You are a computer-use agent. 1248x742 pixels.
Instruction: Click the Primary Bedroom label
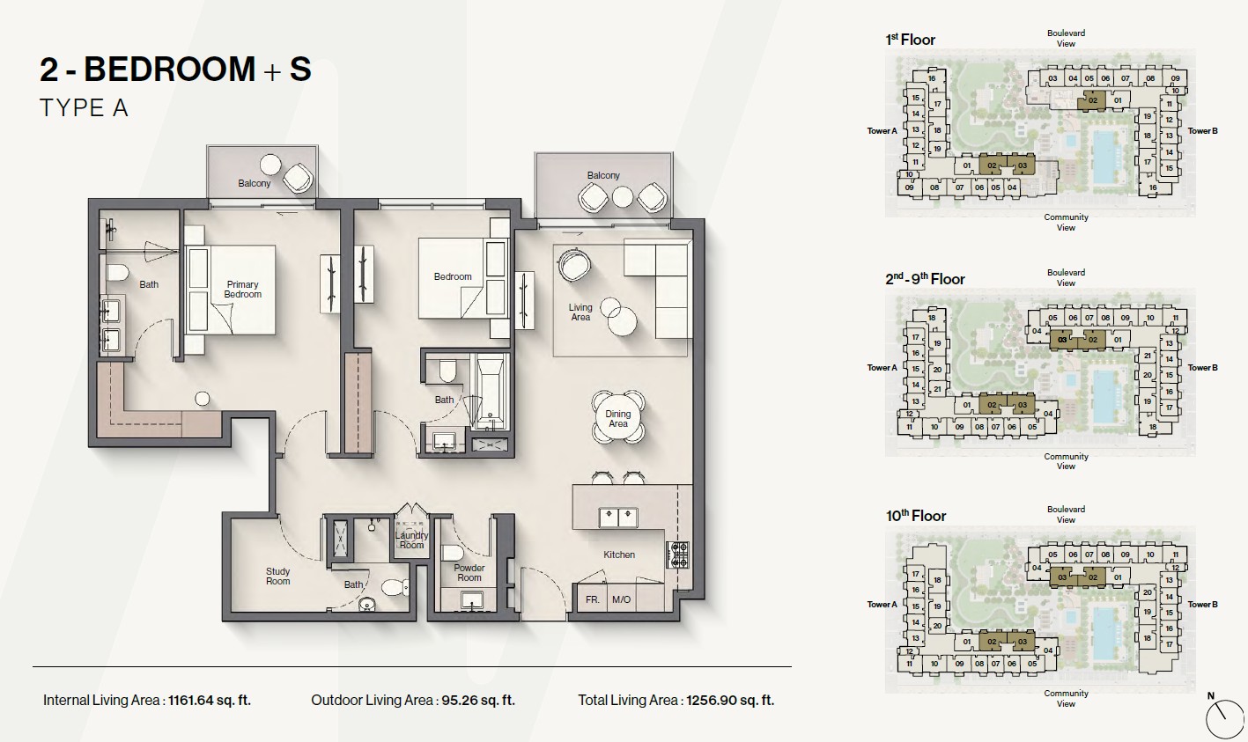pos(242,290)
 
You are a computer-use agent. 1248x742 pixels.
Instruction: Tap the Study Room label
pos(278,577)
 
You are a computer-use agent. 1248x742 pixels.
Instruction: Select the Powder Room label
pos(469,573)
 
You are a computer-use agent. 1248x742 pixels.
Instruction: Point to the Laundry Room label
pos(411,540)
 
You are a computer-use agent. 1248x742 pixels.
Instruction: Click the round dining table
pos(618,417)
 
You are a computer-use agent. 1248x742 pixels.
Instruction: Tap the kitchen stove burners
pos(678,555)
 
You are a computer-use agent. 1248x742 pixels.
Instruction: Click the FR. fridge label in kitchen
pos(592,599)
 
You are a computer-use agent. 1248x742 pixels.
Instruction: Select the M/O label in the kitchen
pos(621,599)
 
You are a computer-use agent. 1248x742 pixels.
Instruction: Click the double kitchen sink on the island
pos(618,518)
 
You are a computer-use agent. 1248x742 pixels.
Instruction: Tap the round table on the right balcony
pos(623,196)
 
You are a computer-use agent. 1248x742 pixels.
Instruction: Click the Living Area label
pos(580,312)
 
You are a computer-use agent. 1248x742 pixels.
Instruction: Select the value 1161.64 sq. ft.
pos(210,701)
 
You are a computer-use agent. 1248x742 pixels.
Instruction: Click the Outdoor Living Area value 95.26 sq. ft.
pos(478,701)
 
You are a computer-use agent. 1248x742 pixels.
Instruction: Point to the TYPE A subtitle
pos(85,108)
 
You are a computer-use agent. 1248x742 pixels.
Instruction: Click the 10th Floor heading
pos(916,516)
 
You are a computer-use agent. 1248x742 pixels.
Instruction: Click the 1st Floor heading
pos(911,40)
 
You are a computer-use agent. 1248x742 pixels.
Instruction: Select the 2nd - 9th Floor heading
pos(925,278)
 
